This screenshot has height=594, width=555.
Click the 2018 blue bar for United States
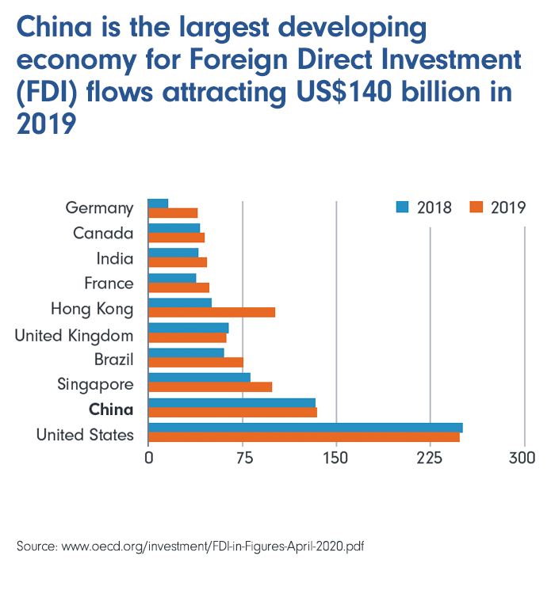(305, 428)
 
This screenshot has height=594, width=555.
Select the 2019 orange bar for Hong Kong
(212, 312)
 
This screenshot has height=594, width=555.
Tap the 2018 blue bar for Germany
(159, 204)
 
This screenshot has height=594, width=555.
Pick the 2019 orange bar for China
(232, 412)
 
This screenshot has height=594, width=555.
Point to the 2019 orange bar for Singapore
(210, 386)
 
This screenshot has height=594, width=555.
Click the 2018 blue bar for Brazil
(186, 352)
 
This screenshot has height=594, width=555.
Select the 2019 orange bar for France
(178, 287)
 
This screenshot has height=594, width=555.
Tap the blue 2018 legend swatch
(403, 208)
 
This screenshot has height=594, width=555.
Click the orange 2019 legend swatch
(477, 208)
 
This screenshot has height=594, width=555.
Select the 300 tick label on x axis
(522, 459)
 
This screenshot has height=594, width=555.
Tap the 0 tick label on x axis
(148, 459)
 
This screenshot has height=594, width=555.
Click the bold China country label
(111, 409)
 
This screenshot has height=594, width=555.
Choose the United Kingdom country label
(74, 336)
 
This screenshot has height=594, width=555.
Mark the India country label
(115, 258)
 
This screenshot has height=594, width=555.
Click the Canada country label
(103, 233)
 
